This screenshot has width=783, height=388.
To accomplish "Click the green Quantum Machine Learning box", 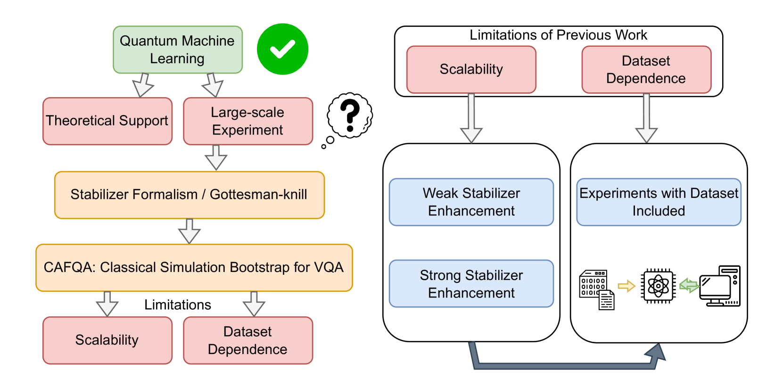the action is pos(178,50).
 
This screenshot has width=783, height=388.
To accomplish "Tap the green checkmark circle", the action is pos(282,49).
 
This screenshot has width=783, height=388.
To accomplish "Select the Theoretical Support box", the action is pos(107,121).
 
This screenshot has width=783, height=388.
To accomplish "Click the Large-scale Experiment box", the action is pos(248,121).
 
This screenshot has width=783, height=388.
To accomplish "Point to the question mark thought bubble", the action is pos(350,116).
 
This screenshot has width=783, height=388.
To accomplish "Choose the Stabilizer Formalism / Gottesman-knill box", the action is pos(190,195).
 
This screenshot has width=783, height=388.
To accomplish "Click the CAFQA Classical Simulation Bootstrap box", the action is pos(194,267).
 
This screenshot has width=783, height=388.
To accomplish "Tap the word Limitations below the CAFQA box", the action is pos(178,305).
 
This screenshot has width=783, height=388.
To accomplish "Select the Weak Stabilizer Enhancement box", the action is pos(471,202).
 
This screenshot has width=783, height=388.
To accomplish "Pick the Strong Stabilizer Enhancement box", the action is pos(471,283).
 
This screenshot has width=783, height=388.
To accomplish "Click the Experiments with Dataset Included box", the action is pos(659,202).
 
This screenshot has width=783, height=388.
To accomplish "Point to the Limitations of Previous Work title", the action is pos(558,35).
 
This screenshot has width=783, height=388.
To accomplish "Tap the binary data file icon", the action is pos(596,289).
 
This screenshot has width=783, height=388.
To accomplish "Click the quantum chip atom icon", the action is pos(658,286).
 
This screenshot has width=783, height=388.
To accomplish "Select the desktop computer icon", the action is pos(720,286).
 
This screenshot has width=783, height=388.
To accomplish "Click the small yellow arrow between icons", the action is pos(626,286).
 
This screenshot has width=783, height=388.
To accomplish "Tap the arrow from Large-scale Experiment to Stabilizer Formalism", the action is pos(216,157).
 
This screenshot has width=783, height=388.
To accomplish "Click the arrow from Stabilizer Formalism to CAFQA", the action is pos(189,231).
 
